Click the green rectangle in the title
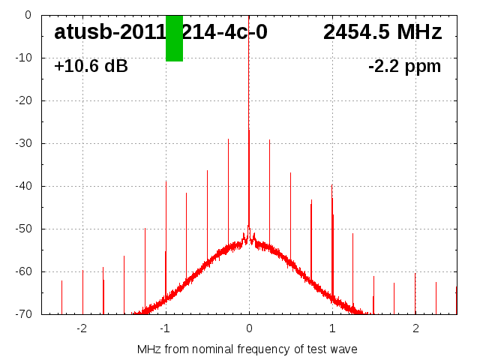click(x=174, y=38)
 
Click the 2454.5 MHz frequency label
click(x=382, y=32)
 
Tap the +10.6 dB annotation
click(x=91, y=66)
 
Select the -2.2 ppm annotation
click(x=404, y=66)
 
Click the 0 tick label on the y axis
click(x=27, y=15)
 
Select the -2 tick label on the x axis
click(x=82, y=328)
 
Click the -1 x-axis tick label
click(x=165, y=328)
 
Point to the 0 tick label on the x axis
click(x=249, y=328)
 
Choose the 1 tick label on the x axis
click(x=332, y=328)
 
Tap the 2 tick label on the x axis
click(x=415, y=328)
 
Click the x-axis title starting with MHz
click(x=247, y=349)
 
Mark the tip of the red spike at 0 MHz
click(x=249, y=130)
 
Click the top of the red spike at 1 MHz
click(x=331, y=184)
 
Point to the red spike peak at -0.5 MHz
click(x=207, y=171)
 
